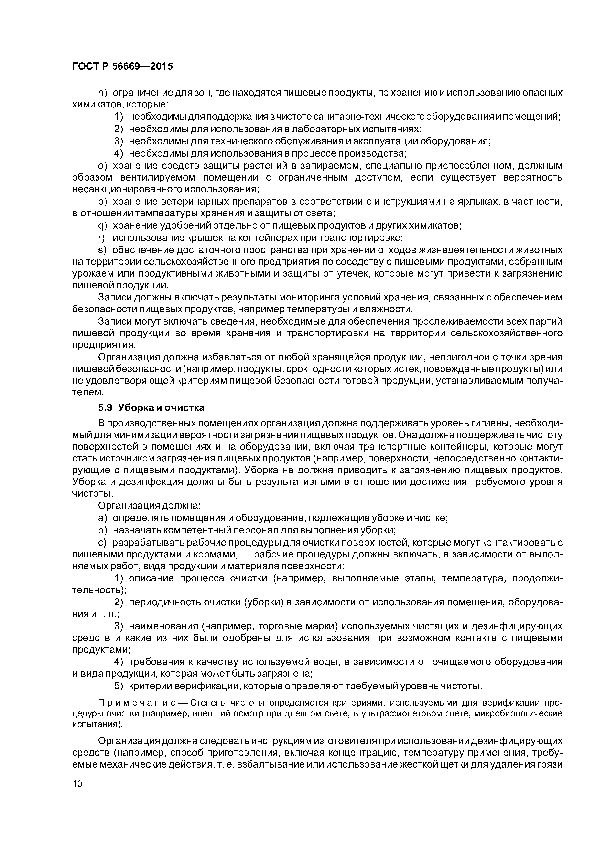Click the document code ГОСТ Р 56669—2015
[x=122, y=67]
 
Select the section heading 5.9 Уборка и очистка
[x=151, y=407]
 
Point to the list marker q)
[x=102, y=226]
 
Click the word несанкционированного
[x=126, y=189]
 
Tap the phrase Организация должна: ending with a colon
[x=149, y=506]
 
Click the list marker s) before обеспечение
[x=102, y=250]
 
